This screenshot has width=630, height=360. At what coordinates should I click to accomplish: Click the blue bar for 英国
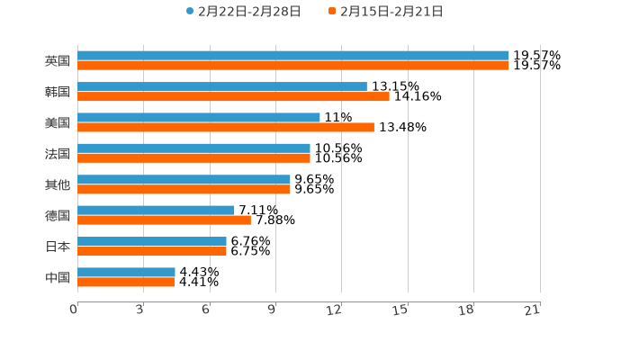pos(292,56)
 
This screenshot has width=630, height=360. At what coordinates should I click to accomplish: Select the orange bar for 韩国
pos(233,96)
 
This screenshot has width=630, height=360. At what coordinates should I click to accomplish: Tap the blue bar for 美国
pos(198,117)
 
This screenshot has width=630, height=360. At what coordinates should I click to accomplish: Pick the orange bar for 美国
pos(225,127)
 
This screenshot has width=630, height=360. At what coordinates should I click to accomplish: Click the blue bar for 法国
pos(193,148)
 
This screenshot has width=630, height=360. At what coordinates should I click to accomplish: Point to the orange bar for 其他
pos(184,189)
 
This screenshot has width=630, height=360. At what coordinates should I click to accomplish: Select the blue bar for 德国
pos(156,210)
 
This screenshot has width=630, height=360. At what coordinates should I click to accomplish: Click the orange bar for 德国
pos(164,220)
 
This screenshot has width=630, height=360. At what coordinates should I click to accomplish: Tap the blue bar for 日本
pos(151,240)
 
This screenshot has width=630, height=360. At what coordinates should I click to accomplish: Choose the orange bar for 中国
pos(126,282)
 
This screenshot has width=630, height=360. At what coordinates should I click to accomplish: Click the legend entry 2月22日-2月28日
pos(243,12)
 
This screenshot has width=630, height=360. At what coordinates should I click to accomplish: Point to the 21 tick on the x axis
pos(533,310)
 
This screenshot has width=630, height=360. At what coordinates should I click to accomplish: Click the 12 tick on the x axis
pos(335,310)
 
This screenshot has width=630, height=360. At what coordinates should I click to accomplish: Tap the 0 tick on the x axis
pos(74,310)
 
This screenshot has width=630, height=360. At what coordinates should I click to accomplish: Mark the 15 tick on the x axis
pos(401,310)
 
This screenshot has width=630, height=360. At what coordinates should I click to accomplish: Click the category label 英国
pos(57,61)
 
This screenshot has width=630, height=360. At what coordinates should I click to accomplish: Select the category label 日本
pos(57,246)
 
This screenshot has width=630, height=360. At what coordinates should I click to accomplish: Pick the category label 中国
pos(57,277)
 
